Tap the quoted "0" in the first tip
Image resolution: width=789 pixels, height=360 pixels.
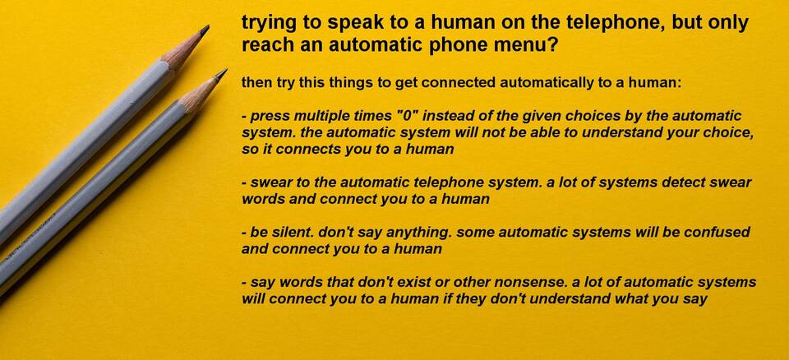(408, 117)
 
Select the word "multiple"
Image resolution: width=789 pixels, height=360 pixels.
(322, 117)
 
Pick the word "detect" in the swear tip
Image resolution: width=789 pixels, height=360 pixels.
(692, 182)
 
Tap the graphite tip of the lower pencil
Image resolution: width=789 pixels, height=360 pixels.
(221, 75)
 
